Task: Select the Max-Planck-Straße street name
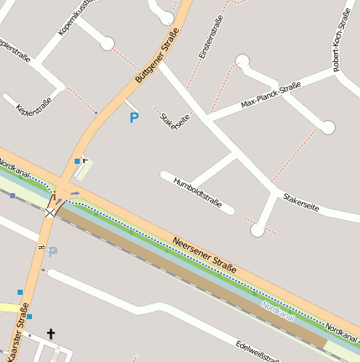[270, 96]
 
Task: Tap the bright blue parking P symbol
[133, 118]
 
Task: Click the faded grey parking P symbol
[53, 251]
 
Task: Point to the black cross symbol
[50, 334]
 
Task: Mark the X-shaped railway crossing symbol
[53, 210]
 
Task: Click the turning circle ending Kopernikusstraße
[107, 43]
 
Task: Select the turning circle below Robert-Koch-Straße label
[327, 128]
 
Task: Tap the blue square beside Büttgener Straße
[77, 160]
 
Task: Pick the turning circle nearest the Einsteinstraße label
[243, 60]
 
